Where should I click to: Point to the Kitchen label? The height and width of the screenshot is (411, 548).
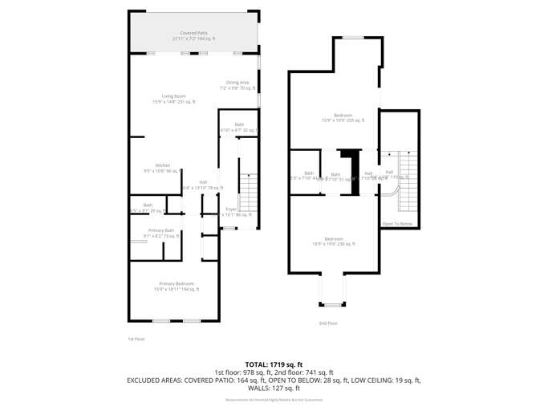[163, 168]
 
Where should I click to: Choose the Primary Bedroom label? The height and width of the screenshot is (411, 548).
[176, 286]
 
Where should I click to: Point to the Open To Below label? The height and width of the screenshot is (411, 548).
[397, 223]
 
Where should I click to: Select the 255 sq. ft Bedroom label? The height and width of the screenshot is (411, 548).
[343, 117]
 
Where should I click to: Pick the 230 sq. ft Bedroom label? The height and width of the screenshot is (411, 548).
[333, 241]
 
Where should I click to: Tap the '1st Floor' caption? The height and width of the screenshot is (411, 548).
[136, 339]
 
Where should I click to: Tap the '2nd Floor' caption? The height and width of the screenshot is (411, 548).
[328, 323]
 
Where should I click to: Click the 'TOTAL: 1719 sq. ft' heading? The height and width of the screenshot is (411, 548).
[274, 364]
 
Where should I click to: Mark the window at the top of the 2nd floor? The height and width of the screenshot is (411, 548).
[353, 37]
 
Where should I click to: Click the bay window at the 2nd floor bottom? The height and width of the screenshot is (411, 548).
[331, 304]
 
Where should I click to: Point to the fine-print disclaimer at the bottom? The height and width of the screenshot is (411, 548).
[274, 399]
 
